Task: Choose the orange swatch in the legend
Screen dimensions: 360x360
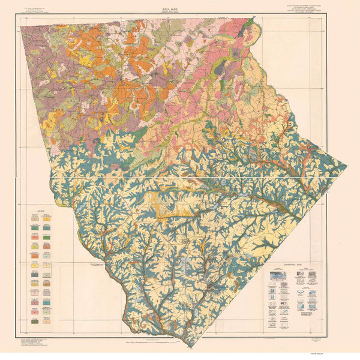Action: point(35,245)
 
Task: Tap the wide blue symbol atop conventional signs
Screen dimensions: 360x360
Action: point(280,273)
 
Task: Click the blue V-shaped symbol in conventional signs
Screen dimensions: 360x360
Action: point(280,294)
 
